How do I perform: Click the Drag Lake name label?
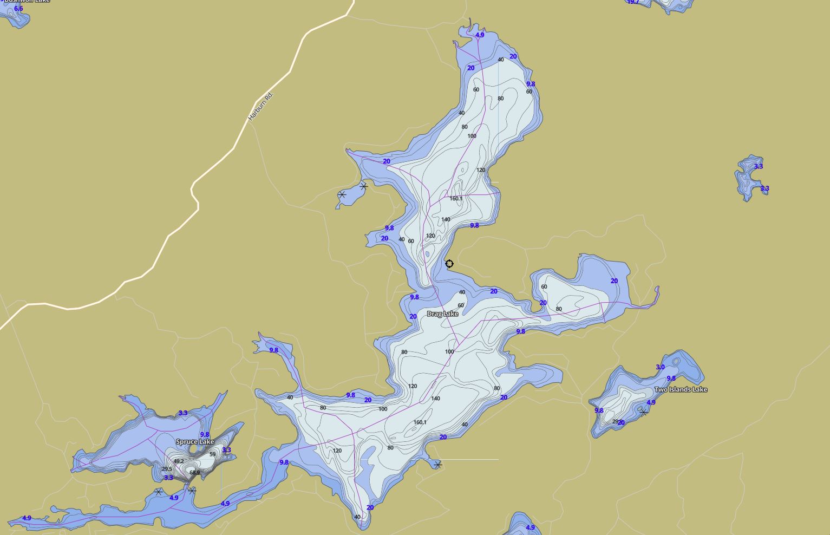[x=442, y=314]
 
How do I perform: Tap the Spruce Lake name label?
[x=195, y=442]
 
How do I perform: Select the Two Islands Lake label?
[x=681, y=389]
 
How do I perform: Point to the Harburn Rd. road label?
[x=261, y=106]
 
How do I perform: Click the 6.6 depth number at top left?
[x=18, y=9]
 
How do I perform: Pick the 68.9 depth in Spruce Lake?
[x=194, y=473]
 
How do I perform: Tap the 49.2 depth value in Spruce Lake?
[x=179, y=461]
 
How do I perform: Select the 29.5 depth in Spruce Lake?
[x=167, y=469]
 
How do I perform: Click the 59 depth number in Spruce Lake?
[x=212, y=454]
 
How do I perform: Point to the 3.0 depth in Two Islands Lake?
[x=660, y=367]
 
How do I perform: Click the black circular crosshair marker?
[x=449, y=264]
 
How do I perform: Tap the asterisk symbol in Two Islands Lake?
[x=643, y=412]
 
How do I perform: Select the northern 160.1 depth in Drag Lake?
[x=456, y=199]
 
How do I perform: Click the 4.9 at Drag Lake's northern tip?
[x=480, y=35]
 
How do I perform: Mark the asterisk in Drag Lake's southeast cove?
[x=437, y=465]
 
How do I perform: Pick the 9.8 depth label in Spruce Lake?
[x=205, y=435]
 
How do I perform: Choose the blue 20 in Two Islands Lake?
[x=622, y=423]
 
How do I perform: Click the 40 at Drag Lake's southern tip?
[x=357, y=517]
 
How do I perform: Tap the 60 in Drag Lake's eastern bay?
[x=544, y=287]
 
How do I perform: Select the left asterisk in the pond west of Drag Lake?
[x=342, y=194]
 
